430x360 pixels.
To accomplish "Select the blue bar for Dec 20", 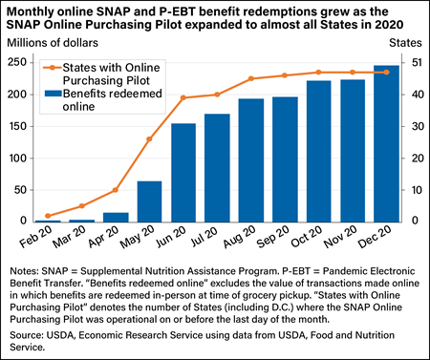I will click(386, 143).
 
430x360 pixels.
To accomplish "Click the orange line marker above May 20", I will click(149, 139).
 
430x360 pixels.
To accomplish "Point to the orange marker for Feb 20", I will click(49, 216).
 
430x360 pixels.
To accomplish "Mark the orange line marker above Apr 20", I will click(116, 190).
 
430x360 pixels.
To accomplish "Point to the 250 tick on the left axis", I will click(20, 62).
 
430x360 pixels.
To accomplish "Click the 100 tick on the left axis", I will click(20, 158).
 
